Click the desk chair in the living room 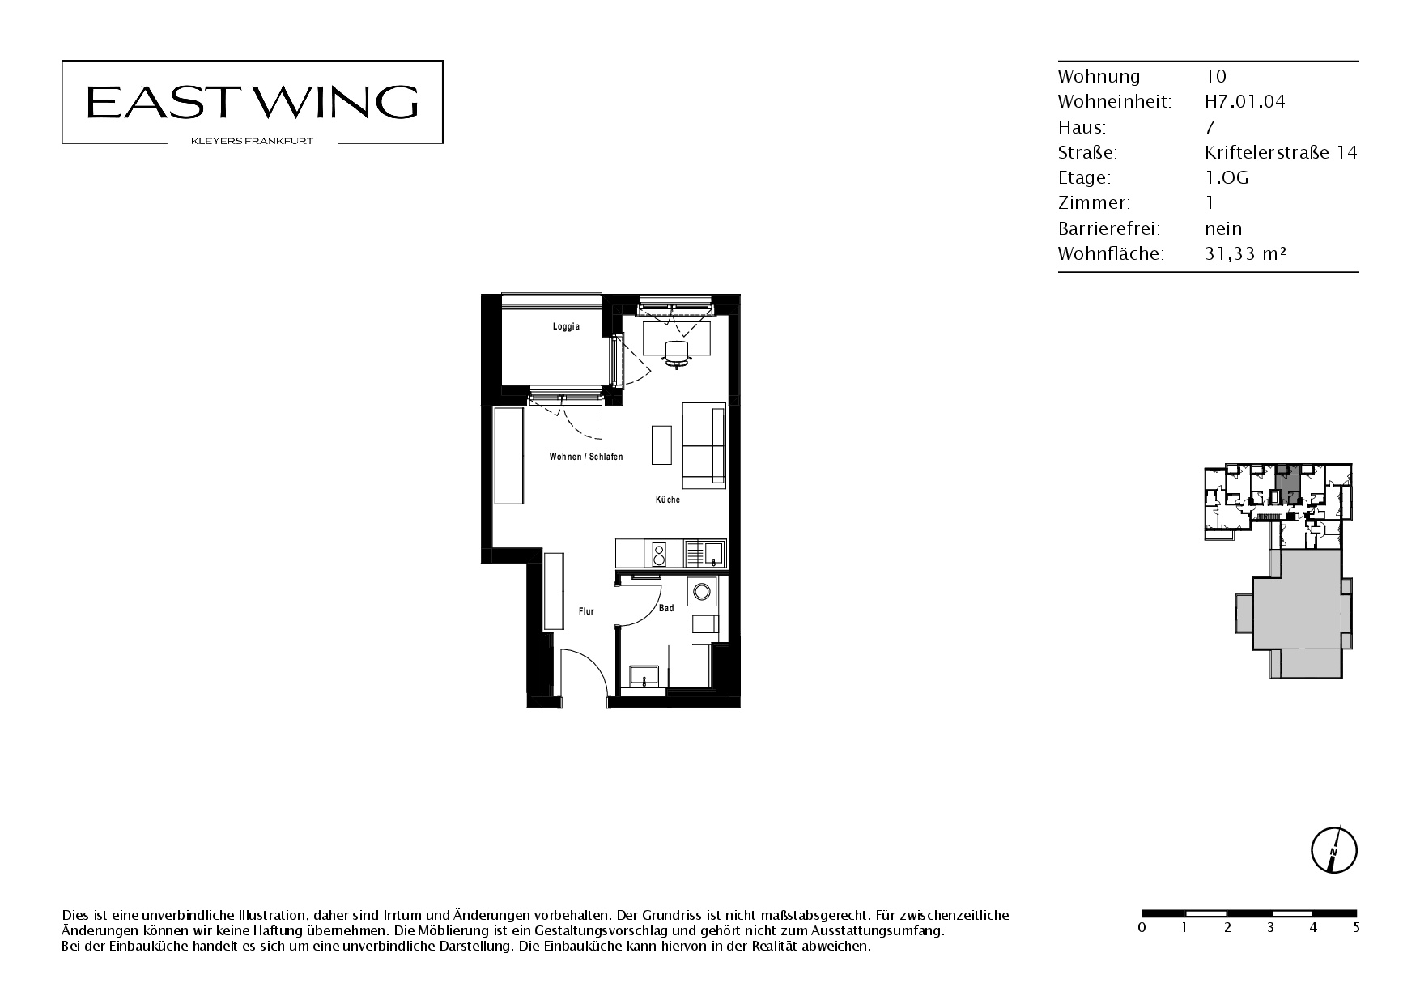point(677,353)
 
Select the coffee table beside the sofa point(661,445)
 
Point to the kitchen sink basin point(714,554)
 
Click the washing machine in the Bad point(701,591)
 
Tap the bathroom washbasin point(645,676)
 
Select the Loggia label point(566,327)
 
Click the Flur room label point(586,611)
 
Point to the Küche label point(668,500)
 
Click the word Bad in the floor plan point(666,608)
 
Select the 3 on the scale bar point(1270,927)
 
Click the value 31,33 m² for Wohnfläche point(1246,253)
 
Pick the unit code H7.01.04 point(1245,101)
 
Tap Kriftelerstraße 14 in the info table point(1281,152)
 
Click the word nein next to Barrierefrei point(1223,228)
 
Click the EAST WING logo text point(252,102)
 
